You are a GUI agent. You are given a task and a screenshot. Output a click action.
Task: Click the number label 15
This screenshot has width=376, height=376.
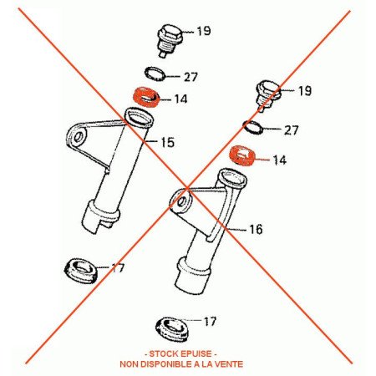click(168, 142)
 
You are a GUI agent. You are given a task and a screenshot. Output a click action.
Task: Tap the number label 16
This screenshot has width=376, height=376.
click(256, 229)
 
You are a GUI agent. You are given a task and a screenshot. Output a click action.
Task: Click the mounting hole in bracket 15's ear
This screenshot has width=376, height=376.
click(79, 136)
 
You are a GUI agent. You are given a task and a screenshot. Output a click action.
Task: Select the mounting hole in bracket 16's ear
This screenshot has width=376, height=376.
click(182, 201)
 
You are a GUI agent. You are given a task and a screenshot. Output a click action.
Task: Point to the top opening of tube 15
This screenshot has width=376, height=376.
click(139, 117)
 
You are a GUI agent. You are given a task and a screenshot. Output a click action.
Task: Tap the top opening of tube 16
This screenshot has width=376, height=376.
click(232, 177)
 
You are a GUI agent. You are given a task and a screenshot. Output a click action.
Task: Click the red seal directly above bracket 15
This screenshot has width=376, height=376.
click(145, 97)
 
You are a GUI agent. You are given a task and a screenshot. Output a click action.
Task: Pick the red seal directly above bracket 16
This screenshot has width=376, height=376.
click(241, 155)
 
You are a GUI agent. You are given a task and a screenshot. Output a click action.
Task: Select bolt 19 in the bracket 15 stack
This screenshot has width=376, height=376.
click(170, 40)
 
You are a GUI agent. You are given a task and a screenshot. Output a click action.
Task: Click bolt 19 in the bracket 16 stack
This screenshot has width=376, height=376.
click(268, 95)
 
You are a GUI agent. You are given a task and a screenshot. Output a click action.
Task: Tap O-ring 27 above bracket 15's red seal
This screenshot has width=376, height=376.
click(155, 74)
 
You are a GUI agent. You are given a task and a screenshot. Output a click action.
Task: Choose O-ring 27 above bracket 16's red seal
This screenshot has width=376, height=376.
click(253, 127)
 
